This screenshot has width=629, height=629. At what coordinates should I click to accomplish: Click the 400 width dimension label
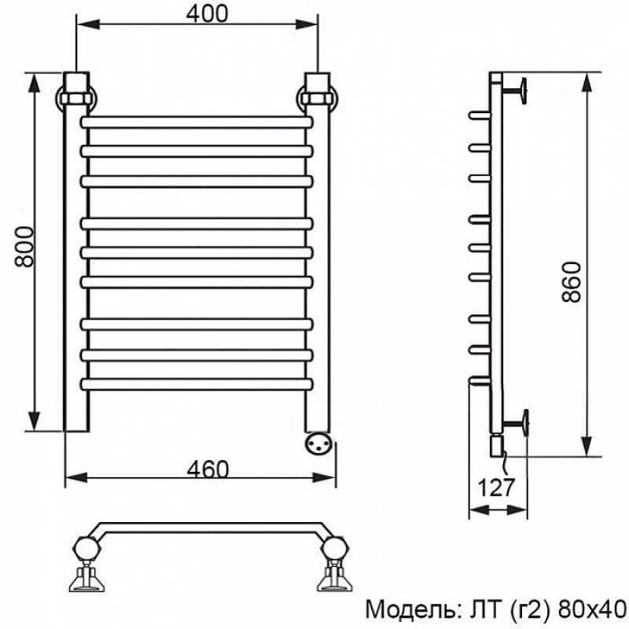coord(207,13)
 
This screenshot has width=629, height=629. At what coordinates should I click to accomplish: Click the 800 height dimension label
coord(24,246)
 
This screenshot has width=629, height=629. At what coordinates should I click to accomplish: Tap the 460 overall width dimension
coord(208,469)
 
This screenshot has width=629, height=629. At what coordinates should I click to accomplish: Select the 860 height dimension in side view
coord(572,281)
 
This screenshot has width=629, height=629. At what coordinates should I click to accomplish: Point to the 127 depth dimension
coord(496,487)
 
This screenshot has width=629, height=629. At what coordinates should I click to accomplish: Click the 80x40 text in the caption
coord(592,610)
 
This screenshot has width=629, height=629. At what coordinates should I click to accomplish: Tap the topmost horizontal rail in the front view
coord(197,122)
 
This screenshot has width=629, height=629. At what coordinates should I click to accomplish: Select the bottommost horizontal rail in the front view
coord(197,384)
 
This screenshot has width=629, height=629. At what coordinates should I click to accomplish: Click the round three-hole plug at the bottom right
coord(319,443)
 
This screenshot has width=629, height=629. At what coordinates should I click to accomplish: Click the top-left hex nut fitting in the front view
coord(75,97)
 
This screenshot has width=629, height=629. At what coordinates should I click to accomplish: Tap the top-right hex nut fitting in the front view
coord(318,97)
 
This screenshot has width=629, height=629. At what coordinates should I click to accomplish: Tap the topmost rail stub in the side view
coord(480,115)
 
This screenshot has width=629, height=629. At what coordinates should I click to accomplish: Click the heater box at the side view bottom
coord(497,445)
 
